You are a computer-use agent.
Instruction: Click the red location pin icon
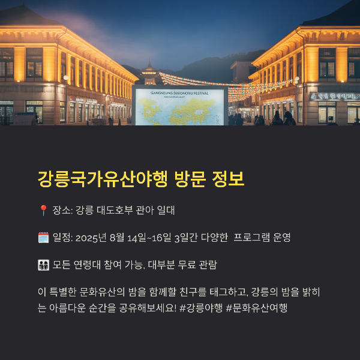point(43,211)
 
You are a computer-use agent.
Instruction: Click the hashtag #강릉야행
point(201,308)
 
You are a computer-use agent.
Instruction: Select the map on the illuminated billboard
point(179,111)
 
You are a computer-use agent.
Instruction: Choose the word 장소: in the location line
point(62,211)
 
